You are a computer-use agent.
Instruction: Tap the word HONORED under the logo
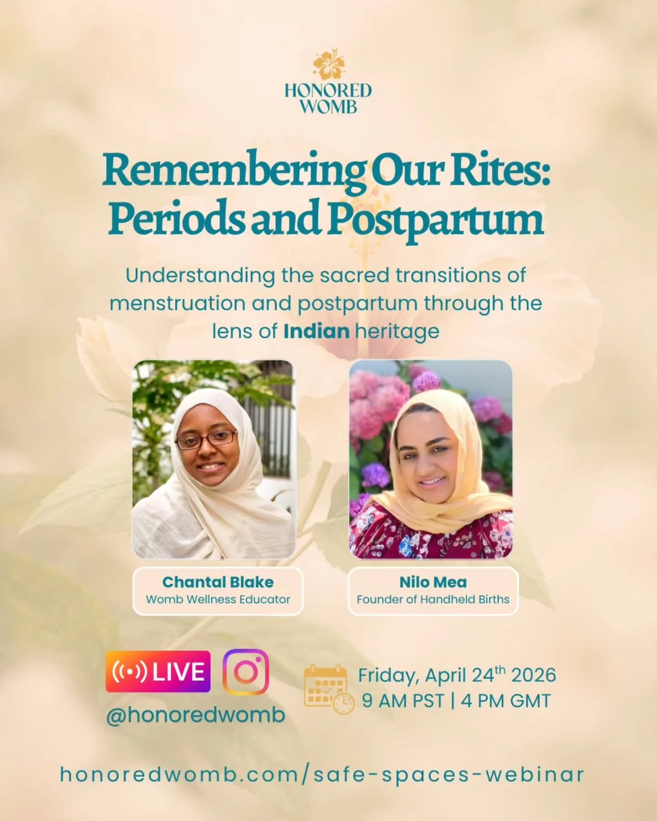click(x=328, y=90)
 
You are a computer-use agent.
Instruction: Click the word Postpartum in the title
click(x=436, y=219)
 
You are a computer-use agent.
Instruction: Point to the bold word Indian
click(x=316, y=332)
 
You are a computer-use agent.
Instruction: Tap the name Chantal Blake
click(x=218, y=582)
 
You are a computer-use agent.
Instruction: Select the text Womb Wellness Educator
click(x=218, y=599)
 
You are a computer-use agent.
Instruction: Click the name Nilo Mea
click(x=433, y=582)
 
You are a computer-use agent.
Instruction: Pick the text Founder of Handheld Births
click(x=433, y=599)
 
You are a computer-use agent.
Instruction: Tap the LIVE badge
click(x=158, y=671)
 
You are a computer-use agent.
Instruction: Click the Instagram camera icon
click(x=245, y=672)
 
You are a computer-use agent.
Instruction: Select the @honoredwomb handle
click(x=195, y=715)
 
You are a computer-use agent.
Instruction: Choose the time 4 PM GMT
click(x=506, y=701)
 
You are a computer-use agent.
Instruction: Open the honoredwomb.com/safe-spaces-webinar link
click(x=322, y=774)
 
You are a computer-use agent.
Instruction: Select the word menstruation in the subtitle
click(x=177, y=304)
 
